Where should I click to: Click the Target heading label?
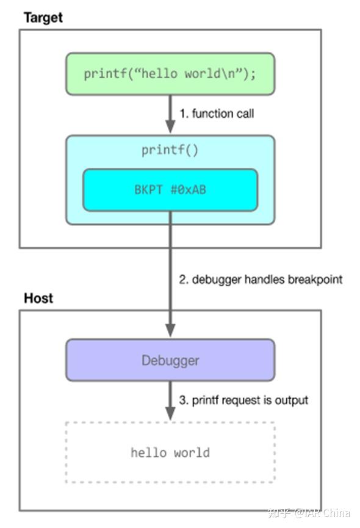43,17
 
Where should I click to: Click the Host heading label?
38,298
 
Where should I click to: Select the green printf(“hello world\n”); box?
170,74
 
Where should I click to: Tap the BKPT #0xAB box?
170,190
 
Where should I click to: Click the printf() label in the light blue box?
170,150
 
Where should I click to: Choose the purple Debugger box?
170,360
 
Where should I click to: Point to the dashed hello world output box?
170,452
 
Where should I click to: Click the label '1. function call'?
217,114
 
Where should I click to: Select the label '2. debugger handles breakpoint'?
261,280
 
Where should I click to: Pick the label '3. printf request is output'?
243,400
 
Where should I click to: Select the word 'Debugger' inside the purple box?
170,360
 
